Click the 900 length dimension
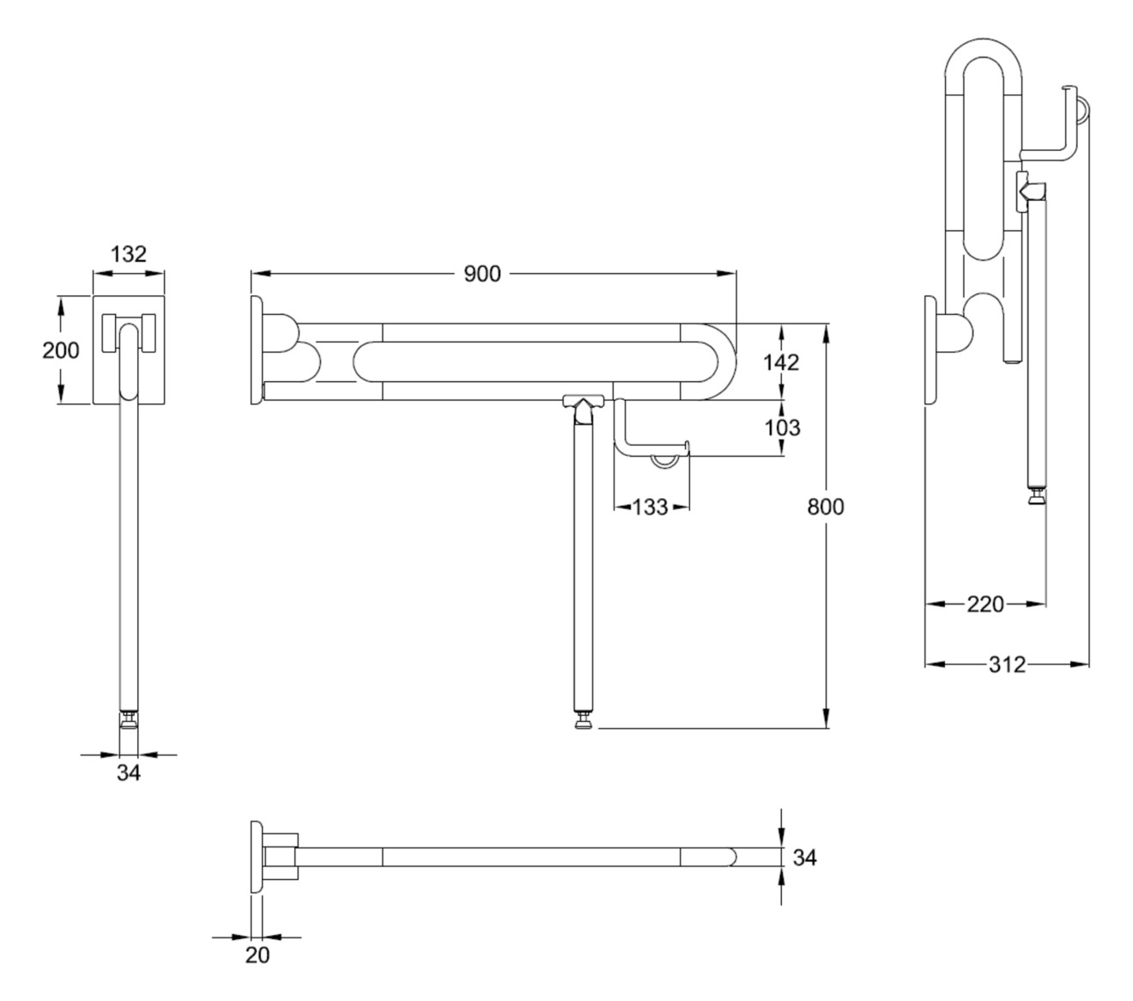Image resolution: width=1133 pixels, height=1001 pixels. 482,274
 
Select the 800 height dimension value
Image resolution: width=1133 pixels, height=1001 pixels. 826,507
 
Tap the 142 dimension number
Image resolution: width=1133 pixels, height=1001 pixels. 781,362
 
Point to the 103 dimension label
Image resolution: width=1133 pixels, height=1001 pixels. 781,428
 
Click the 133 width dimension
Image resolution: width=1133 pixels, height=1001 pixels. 651,507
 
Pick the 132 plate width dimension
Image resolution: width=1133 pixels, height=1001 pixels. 129,254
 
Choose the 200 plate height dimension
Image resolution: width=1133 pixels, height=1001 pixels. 61,350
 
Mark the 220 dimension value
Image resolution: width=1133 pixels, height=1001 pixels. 985,604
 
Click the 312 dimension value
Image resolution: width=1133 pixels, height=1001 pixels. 1006,664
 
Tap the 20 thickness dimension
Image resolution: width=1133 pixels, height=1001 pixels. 257,955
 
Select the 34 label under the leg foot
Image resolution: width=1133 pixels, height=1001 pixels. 129,773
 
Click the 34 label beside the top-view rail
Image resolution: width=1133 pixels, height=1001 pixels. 804,857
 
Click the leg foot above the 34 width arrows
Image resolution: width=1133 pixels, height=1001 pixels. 129,719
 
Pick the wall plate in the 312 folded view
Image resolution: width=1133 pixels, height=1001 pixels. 930,349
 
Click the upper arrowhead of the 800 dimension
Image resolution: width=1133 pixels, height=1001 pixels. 827,331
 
